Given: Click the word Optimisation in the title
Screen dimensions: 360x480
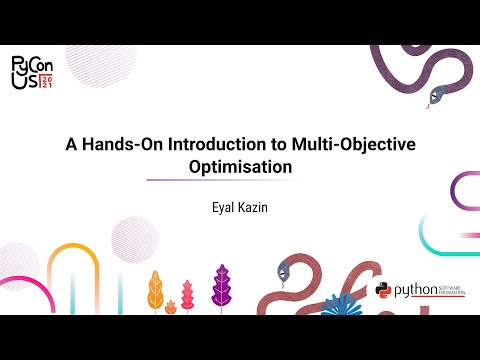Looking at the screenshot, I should pos(239,167).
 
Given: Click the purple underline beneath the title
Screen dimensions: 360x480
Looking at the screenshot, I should pos(239,181).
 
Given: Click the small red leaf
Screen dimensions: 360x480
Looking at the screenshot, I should pos(186,295).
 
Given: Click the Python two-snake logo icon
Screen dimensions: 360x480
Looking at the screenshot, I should pos(383,290).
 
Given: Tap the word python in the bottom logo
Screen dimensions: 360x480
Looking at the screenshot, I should pos(414,291).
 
